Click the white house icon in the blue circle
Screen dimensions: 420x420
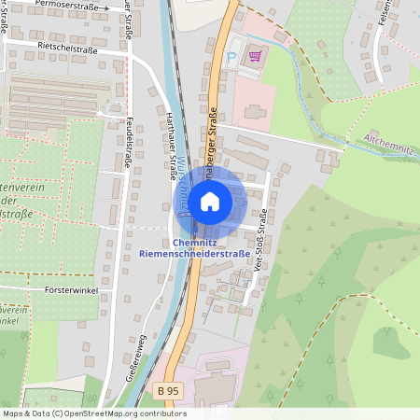pyautogui.click(x=210, y=201)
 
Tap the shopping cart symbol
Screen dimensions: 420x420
pyautogui.click(x=254, y=56)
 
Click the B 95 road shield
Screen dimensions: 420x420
pyautogui.click(x=168, y=390)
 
